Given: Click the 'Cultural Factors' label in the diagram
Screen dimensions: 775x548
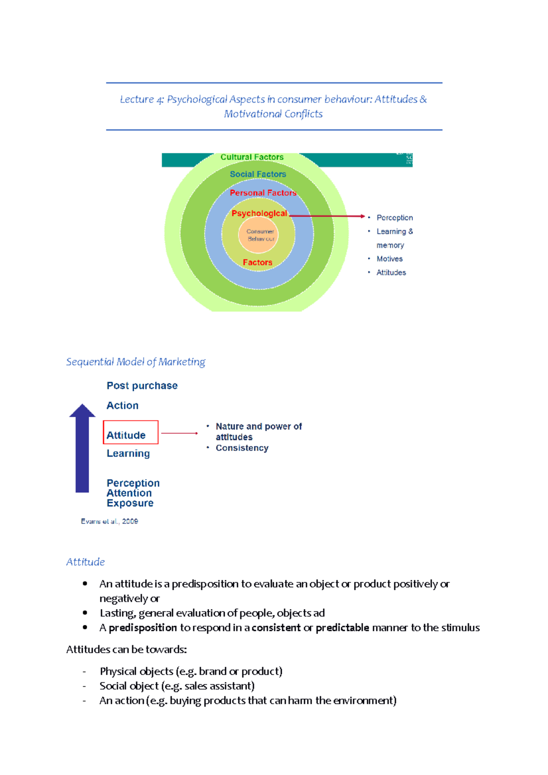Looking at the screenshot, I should (x=252, y=157).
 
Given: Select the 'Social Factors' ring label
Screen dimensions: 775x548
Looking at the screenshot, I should (x=258, y=174).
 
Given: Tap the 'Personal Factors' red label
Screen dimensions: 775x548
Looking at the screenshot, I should (x=263, y=193).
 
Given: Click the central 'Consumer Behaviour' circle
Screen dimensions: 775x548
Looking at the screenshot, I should (x=260, y=235).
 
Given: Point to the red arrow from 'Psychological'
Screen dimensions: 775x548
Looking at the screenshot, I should (x=327, y=216).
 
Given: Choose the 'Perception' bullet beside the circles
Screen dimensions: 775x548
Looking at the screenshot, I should (x=395, y=218).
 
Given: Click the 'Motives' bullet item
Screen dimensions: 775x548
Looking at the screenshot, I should (x=390, y=259).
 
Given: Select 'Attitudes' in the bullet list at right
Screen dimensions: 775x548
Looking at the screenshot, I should (x=391, y=272).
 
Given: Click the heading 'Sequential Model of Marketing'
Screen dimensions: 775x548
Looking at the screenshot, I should (x=136, y=362).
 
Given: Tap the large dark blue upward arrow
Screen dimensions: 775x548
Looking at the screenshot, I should (x=82, y=450).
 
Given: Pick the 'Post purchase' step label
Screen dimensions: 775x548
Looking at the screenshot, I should (x=142, y=386).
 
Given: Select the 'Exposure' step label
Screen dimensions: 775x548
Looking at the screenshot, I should (x=130, y=503).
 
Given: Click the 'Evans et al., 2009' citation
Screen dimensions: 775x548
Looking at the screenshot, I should (x=110, y=521).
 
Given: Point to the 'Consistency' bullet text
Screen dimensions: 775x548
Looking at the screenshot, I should (x=242, y=448).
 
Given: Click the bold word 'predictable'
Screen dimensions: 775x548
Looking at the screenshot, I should (x=342, y=628).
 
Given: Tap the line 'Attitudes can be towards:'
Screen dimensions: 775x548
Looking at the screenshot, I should (x=126, y=649).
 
